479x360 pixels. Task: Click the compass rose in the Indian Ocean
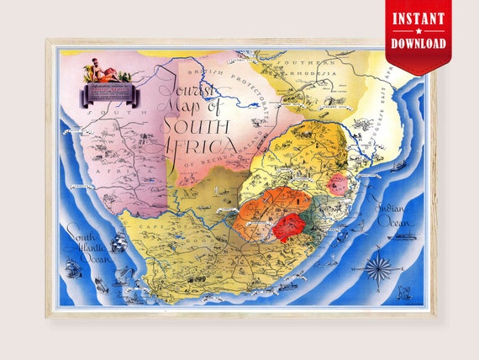pos(379,267)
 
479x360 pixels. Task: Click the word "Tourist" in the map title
pos(187,91)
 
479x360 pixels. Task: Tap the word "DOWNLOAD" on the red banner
pos(418,43)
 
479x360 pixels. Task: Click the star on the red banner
pos(418,31)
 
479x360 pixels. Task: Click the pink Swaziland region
pos(336,184)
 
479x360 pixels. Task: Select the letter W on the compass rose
pos(363,267)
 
